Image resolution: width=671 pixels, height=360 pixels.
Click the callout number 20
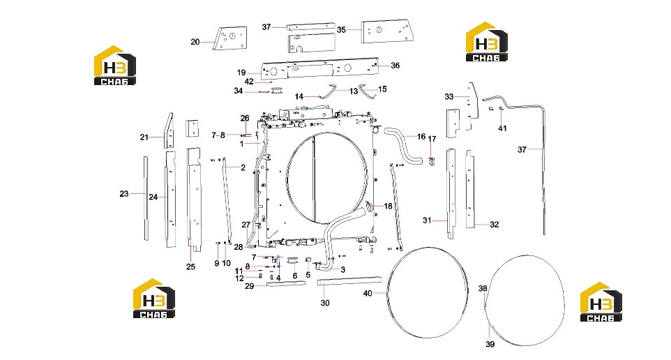pos(195,42)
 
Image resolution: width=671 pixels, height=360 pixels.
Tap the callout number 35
pos(341,29)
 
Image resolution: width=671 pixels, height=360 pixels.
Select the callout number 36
pos(395,66)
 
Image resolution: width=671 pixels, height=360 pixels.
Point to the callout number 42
pos(249,82)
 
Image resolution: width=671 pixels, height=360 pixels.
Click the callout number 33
pos(449,97)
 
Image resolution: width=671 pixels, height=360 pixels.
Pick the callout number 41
pos(502,128)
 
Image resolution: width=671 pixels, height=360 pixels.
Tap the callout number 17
pos(432,139)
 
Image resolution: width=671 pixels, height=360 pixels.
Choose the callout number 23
pos(124,194)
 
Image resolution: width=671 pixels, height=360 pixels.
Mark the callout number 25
pos(190,267)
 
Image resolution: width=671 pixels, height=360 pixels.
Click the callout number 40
pos(368,293)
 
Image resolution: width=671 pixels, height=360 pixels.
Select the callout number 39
pos(490,344)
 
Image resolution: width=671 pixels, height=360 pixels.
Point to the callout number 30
pos(325,303)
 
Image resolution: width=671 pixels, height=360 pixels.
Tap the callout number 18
pos(388,207)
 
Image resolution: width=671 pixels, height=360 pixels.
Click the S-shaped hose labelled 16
pos(403,148)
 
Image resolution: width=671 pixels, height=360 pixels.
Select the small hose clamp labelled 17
pos(431,161)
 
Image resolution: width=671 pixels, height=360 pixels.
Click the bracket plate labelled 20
pos(230,38)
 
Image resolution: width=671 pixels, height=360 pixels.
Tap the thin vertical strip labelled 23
pos(146,198)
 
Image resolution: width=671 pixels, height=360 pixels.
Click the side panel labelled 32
pos(470,189)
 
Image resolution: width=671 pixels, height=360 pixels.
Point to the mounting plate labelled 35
pos(387,31)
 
